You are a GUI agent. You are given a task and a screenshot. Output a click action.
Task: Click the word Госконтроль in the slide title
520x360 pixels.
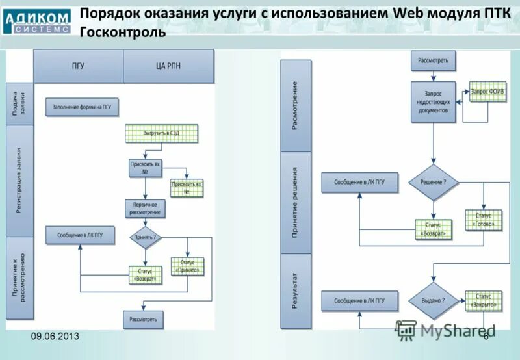click(123, 32)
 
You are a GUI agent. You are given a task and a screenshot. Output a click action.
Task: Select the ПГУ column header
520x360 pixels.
click(78, 66)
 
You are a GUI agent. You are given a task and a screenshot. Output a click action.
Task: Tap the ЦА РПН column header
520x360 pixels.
click(168, 66)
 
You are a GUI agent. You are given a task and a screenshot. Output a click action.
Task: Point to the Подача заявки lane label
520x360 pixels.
click(19, 103)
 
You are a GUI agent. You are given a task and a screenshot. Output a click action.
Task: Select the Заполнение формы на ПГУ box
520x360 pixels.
click(83, 108)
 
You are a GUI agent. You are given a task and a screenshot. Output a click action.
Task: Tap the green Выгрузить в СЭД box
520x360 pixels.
click(161, 133)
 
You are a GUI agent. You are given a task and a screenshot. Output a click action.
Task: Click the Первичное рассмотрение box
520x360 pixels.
click(146, 209)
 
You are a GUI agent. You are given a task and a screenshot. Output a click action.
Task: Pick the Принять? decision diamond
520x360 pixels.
click(146, 237)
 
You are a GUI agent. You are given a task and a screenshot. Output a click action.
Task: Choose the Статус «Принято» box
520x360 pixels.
click(187, 266)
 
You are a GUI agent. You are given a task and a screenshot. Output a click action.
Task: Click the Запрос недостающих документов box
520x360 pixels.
click(434, 102)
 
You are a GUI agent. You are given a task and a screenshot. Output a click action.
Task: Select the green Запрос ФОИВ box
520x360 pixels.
click(487, 92)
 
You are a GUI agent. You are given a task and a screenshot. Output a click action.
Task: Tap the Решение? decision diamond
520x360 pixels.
click(433, 183)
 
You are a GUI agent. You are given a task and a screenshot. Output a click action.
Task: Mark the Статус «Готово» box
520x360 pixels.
click(484, 220)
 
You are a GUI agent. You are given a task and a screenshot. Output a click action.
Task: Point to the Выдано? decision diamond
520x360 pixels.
click(434, 301)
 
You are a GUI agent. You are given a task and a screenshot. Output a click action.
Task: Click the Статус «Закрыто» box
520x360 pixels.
click(484, 301)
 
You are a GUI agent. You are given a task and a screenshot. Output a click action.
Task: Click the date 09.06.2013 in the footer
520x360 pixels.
click(55, 335)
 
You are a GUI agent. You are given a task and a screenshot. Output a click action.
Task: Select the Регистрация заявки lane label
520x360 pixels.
click(19, 180)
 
